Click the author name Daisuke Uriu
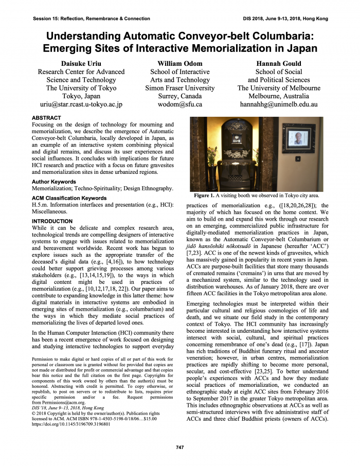[x=81, y=63]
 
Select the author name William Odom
[x=180, y=63]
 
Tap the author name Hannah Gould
[x=279, y=63]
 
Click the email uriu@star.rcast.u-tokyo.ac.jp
[x=81, y=104]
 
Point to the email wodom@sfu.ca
[x=180, y=104]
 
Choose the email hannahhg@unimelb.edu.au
[x=279, y=104]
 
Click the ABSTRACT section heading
[x=46, y=118]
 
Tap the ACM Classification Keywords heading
[x=69, y=198]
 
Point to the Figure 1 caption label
[x=208, y=196]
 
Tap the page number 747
[x=179, y=447]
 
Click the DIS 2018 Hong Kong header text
[x=285, y=18]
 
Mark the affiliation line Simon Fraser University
[x=180, y=88]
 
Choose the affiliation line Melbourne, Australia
[x=279, y=96]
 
